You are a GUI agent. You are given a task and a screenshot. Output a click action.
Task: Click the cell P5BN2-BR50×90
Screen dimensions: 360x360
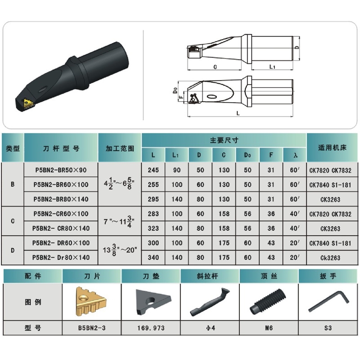pos(61,170)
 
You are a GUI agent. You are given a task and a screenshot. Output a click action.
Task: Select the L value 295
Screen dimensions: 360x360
pos(153,199)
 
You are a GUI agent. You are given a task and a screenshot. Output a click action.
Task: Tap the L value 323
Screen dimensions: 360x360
pos(153,228)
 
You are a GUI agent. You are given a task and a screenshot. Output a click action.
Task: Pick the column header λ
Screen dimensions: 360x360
pos(295,155)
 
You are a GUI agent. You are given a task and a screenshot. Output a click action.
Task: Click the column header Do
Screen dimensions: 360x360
pos(247,155)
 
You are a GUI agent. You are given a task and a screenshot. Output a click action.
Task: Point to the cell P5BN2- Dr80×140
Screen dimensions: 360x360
pos(61,257)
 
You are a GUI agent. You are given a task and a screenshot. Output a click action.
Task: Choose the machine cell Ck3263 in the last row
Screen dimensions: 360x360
pos(330,257)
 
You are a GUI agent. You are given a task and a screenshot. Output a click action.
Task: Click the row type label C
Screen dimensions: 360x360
pos(13,221)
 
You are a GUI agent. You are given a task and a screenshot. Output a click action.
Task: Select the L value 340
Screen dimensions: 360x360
pos(153,257)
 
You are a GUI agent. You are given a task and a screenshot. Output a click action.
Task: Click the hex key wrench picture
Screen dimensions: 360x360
pos(328,301)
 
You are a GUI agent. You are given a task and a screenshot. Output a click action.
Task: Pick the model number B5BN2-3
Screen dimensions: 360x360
pos(92,328)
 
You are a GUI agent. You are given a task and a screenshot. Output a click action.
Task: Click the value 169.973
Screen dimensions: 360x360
pos(151,328)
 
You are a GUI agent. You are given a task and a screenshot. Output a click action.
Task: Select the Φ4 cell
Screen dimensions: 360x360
pos(210,328)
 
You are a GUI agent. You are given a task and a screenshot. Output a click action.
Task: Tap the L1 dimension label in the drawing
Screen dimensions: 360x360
pos(272,67)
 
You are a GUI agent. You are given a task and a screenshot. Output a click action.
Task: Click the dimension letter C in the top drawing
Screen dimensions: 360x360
pos(215,67)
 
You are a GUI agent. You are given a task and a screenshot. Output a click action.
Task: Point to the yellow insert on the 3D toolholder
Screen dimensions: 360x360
pos(28,103)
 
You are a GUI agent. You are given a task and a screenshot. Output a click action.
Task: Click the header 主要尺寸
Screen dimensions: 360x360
pos(224,140)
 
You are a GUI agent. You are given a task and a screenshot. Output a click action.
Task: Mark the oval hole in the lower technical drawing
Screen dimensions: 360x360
pos(211,96)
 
